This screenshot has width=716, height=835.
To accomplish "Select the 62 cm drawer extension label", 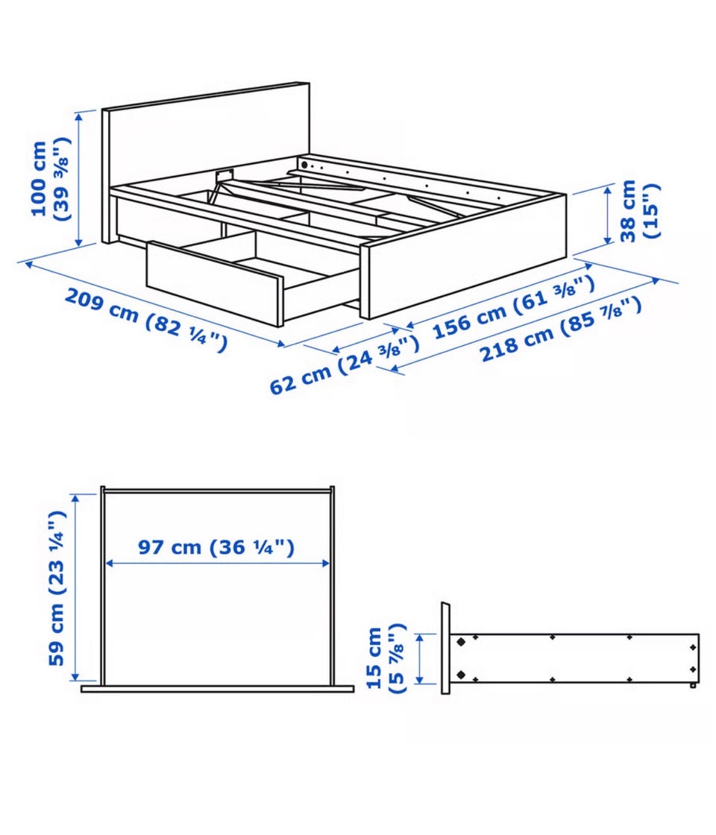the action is pos(344,366).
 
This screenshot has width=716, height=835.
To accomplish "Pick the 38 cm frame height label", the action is pos(639,211).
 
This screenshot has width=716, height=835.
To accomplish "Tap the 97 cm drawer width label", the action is pos(216,547).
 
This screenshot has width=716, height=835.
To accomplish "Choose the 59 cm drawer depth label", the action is pos(57,588).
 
